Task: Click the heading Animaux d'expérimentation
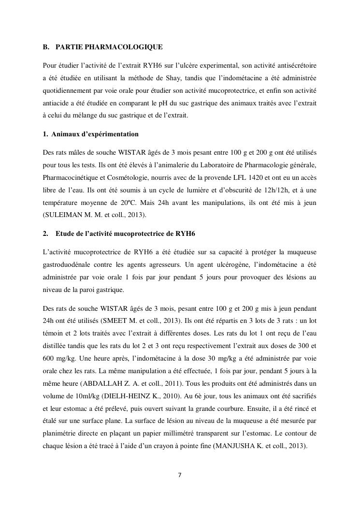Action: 95,133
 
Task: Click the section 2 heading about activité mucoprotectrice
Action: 125,233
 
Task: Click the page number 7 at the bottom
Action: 180,474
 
